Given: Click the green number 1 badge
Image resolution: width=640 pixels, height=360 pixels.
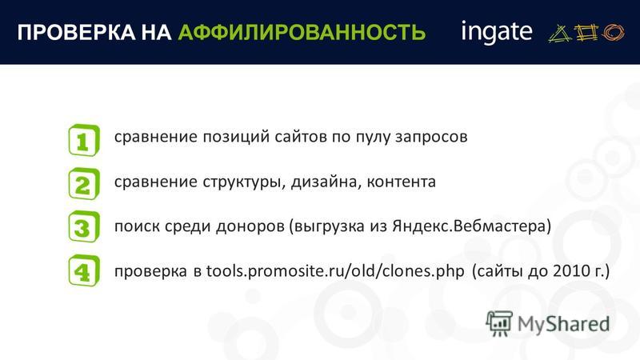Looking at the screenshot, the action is (84, 141).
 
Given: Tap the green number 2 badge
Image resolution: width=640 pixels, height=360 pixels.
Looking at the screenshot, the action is (84, 184).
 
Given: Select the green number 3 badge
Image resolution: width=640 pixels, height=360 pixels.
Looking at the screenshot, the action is (84, 227).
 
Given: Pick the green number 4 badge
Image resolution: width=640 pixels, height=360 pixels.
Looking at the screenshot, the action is (84, 270).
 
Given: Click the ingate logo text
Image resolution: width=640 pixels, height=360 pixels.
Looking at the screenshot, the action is (497, 32).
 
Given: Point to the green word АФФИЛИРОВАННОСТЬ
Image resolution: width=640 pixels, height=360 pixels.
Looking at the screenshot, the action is (302, 32).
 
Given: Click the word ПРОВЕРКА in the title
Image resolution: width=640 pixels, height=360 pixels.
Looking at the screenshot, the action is (76, 32).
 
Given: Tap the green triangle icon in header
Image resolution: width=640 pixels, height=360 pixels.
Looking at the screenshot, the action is (560, 33).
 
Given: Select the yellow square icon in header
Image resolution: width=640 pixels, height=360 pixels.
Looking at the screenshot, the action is (586, 32).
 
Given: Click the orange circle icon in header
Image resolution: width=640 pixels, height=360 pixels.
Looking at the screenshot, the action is (613, 32).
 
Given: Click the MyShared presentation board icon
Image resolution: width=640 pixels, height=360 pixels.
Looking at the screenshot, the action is (499, 324).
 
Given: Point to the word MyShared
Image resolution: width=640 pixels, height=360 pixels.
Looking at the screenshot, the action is (564, 324).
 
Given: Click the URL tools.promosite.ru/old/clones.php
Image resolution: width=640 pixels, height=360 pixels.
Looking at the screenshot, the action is (335, 270).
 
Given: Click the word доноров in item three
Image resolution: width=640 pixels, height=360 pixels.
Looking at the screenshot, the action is (250, 226).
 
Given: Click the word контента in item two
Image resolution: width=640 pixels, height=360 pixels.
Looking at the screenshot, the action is (402, 182).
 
